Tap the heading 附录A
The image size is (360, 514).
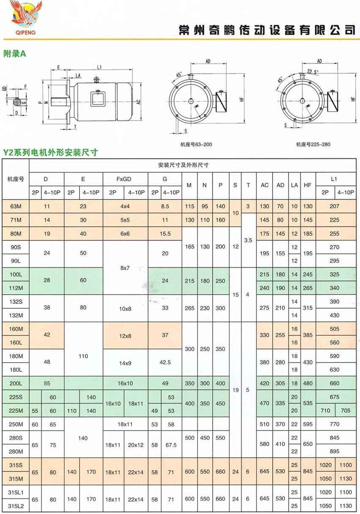point(14,53)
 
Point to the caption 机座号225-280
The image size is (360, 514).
point(313,145)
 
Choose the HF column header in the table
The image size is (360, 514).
point(308,185)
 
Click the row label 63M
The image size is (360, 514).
point(15,206)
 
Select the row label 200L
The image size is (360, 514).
point(15,383)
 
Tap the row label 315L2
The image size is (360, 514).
point(15,506)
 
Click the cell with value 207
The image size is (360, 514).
point(334,206)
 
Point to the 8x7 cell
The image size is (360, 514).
point(125,268)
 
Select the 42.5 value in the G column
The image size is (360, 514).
point(165,362)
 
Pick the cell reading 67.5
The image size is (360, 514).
point(171,445)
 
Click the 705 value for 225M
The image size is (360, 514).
point(345,410)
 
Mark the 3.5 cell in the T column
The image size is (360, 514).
point(248,240)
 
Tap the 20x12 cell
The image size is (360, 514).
point(136,445)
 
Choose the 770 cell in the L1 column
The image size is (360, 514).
point(334,424)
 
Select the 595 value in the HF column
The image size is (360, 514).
point(308,424)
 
